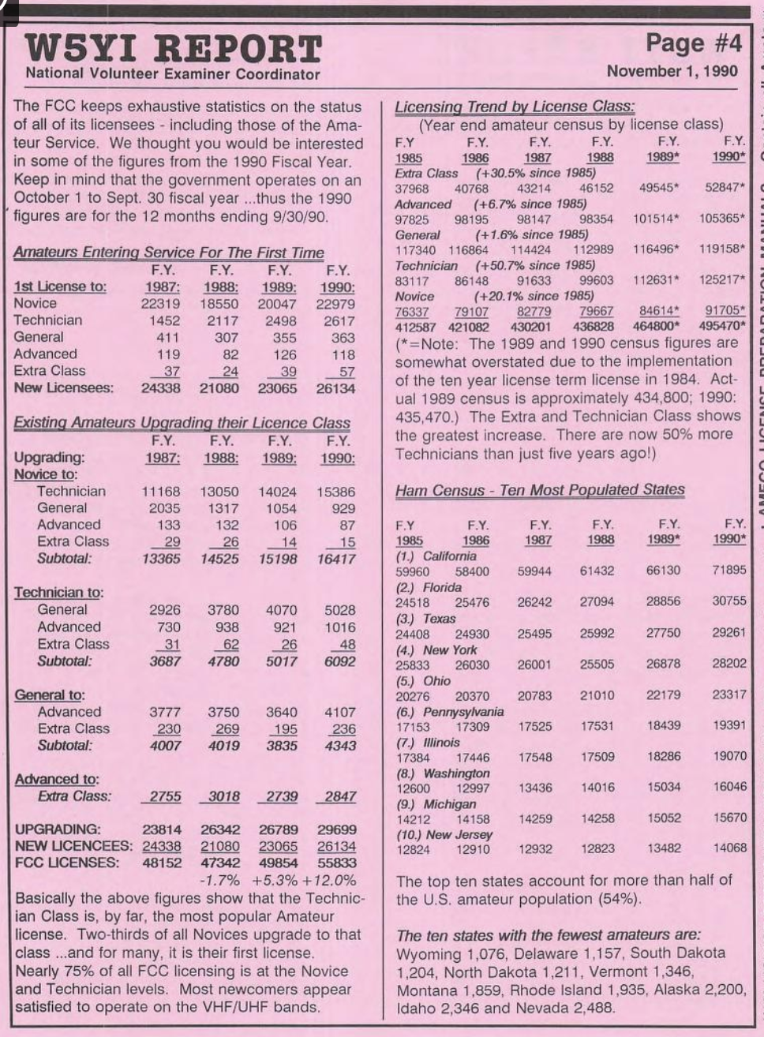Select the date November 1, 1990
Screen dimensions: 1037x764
[672, 71]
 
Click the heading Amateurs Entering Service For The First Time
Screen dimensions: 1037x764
[169, 253]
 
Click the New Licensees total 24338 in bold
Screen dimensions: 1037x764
[161, 388]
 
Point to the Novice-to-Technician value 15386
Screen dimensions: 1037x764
[335, 492]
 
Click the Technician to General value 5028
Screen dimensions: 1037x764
[339, 610]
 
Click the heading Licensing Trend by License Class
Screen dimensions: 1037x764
[515, 107]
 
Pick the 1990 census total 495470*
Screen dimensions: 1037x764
[721, 326]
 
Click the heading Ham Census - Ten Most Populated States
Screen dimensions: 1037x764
[540, 489]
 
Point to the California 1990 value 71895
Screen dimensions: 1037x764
[728, 570]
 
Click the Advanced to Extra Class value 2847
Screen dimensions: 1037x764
[339, 797]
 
